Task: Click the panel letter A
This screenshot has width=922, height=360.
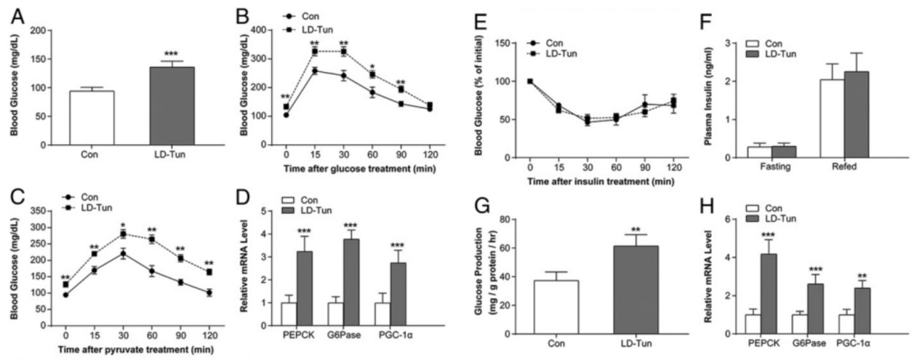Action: [12, 13]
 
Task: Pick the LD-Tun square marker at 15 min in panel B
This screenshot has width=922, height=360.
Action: [315, 52]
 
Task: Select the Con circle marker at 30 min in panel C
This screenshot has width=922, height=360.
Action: [124, 253]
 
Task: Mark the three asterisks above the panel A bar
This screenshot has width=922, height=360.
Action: [172, 54]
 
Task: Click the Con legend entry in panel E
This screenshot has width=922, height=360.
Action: [553, 44]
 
